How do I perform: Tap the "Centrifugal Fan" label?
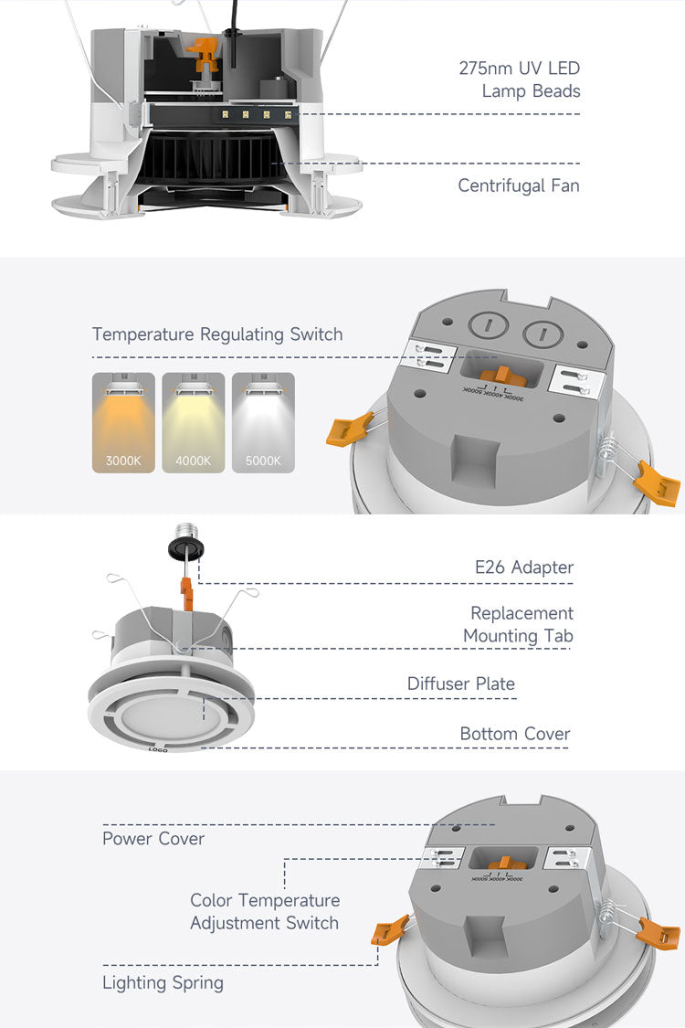click(519, 186)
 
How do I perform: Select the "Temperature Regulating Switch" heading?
click(217, 334)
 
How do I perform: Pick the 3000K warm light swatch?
click(123, 422)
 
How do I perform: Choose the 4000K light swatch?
click(193, 422)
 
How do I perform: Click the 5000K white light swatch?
click(263, 422)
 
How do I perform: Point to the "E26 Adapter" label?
click(524, 567)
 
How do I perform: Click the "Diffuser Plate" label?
click(461, 684)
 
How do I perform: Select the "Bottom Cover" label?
click(515, 734)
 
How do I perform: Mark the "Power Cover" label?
click(153, 839)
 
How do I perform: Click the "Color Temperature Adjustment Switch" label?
click(265, 912)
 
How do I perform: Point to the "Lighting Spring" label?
click(163, 983)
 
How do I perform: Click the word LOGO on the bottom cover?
click(158, 748)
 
